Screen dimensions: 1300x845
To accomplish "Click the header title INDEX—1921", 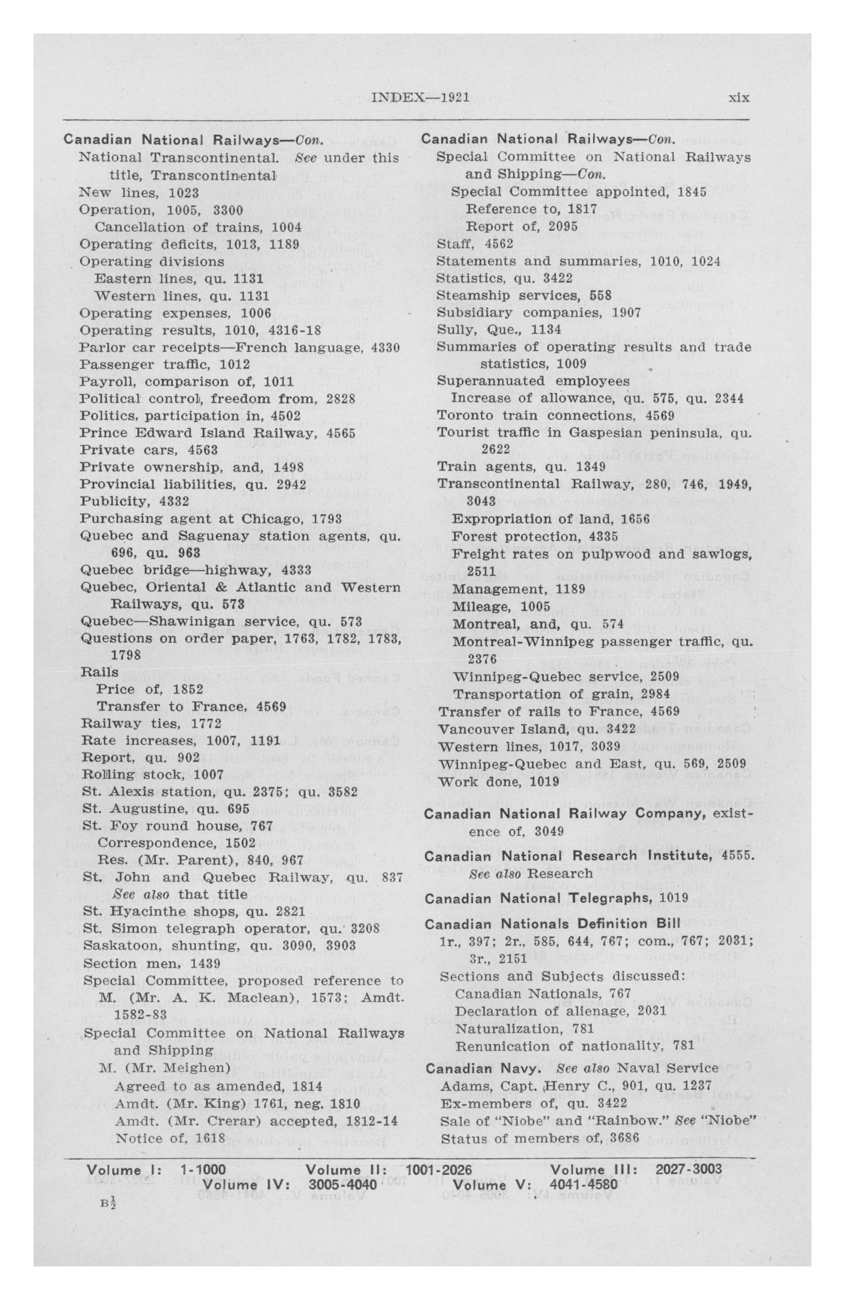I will coord(420,98).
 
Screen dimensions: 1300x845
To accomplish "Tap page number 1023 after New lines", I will coord(184,193).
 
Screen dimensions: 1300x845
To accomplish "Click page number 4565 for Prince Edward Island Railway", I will coord(337,433).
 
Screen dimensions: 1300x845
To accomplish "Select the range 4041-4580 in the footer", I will coord(584,1184).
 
